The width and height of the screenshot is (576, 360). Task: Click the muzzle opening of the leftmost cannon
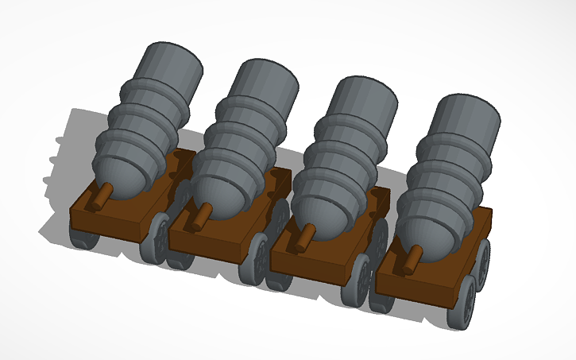[168, 64]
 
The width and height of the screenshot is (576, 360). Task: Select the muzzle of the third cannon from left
[365, 98]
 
